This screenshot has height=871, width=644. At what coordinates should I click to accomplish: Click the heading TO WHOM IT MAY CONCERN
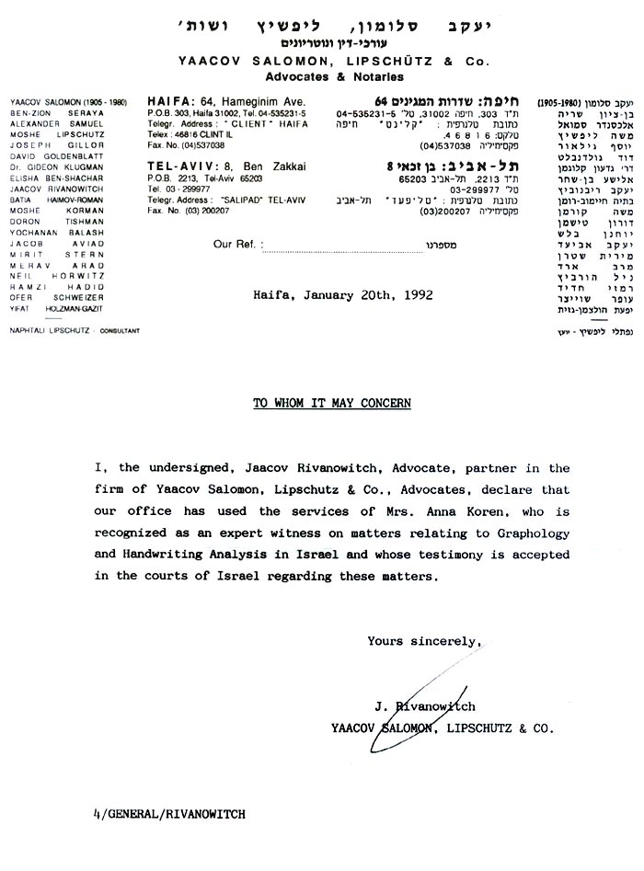pos(319,404)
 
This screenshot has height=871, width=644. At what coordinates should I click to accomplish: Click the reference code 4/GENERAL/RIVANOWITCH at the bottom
pos(169,815)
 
